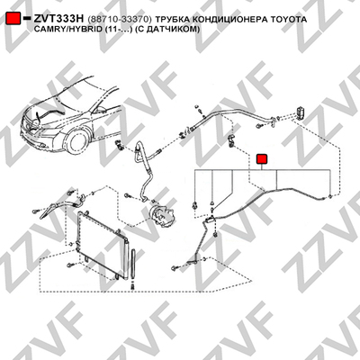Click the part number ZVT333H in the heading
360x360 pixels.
[58, 19]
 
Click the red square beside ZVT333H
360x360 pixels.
[13, 19]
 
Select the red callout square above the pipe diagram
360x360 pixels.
[262, 159]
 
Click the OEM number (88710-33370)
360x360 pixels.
[120, 20]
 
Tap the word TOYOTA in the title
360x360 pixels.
[289, 19]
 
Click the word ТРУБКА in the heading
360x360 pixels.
[172, 20]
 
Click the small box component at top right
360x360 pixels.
[300, 112]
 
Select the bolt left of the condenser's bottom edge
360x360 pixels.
[69, 265]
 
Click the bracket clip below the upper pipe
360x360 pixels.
[231, 140]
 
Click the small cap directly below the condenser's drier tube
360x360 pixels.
[132, 286]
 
